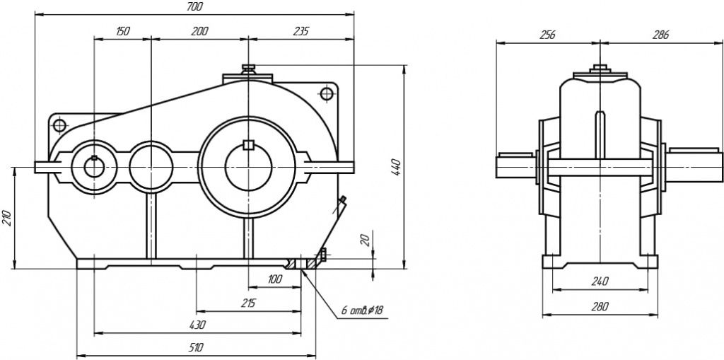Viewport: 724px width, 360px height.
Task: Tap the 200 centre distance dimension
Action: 199,31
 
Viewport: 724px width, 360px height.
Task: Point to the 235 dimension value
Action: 300,31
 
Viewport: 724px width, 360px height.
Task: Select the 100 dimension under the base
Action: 275,279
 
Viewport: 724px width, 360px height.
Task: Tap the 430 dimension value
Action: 197,325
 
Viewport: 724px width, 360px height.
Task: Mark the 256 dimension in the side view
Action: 547,34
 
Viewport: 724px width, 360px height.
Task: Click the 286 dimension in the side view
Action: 660,34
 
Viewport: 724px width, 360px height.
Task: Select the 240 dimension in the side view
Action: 599,281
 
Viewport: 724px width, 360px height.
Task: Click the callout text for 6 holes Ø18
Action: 362,310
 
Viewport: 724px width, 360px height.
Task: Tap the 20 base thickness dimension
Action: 365,240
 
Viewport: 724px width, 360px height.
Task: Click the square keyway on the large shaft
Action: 247,146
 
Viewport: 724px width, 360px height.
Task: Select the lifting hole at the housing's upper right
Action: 326,93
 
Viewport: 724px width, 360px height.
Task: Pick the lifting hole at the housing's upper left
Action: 58,124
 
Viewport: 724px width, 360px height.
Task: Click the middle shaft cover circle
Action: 150,166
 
